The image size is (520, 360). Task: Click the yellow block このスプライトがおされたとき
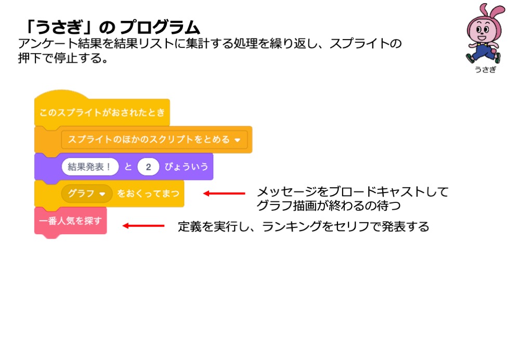click(102, 111)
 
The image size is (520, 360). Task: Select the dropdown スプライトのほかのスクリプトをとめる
click(154, 139)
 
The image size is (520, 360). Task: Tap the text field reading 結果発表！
click(90, 166)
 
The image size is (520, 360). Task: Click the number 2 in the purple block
click(148, 166)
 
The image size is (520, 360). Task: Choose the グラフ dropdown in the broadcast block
click(87, 194)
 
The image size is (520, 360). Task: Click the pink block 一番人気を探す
click(71, 221)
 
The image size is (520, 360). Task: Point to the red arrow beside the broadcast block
click(224, 194)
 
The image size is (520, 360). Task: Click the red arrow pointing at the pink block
click(144, 226)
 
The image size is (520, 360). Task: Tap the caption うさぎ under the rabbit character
click(485, 69)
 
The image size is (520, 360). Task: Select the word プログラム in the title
click(160, 27)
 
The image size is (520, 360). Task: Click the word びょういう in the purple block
click(186, 166)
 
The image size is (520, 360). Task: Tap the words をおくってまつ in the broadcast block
click(148, 194)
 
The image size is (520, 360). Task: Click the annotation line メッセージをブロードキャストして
click(353, 192)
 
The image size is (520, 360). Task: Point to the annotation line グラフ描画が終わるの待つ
click(328, 205)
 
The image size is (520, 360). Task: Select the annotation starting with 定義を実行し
click(304, 227)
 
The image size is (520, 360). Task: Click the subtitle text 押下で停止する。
click(63, 58)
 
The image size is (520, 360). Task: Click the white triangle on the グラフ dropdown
click(102, 194)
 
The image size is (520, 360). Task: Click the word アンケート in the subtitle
click(48, 44)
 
